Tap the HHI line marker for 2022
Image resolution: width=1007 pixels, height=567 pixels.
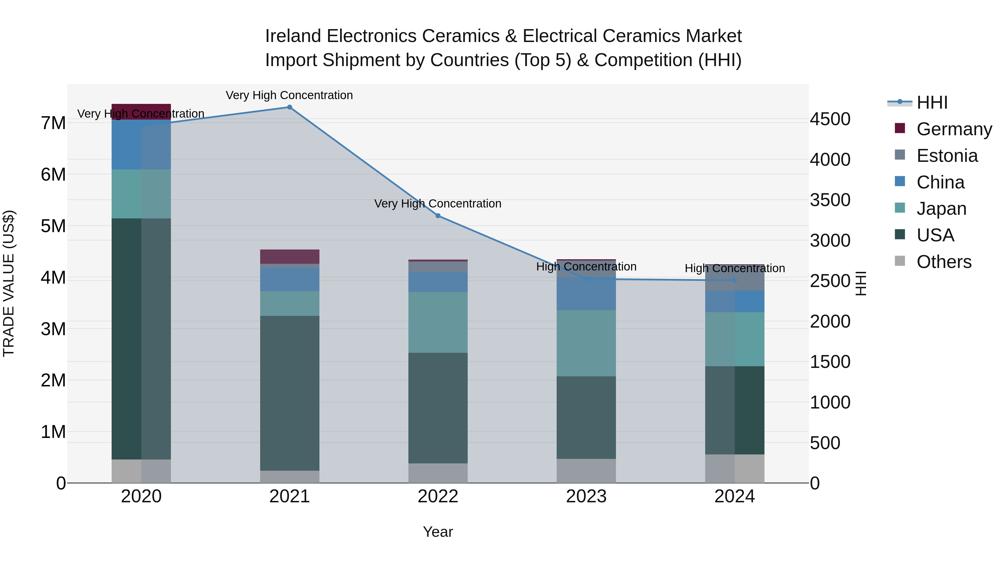click(438, 216)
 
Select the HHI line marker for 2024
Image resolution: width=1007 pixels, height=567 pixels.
click(735, 280)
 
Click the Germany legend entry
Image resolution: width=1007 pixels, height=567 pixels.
click(954, 129)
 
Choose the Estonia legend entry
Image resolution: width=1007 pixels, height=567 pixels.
click(947, 156)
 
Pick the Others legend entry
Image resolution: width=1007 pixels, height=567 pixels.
click(944, 262)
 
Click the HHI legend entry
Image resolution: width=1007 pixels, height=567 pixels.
click(932, 102)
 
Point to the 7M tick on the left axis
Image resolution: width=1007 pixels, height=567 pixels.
click(53, 123)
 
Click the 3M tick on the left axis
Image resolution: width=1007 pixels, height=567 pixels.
click(53, 329)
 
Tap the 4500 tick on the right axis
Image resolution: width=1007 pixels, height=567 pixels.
click(830, 119)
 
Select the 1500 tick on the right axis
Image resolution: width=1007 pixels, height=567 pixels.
click(830, 361)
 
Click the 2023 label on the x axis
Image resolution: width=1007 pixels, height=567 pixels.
click(586, 496)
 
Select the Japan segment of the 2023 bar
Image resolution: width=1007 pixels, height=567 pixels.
click(586, 343)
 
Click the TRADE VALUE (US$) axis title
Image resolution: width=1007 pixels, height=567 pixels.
click(9, 283)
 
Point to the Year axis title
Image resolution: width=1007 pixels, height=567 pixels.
click(438, 532)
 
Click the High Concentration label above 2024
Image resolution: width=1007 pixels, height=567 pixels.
click(735, 269)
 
